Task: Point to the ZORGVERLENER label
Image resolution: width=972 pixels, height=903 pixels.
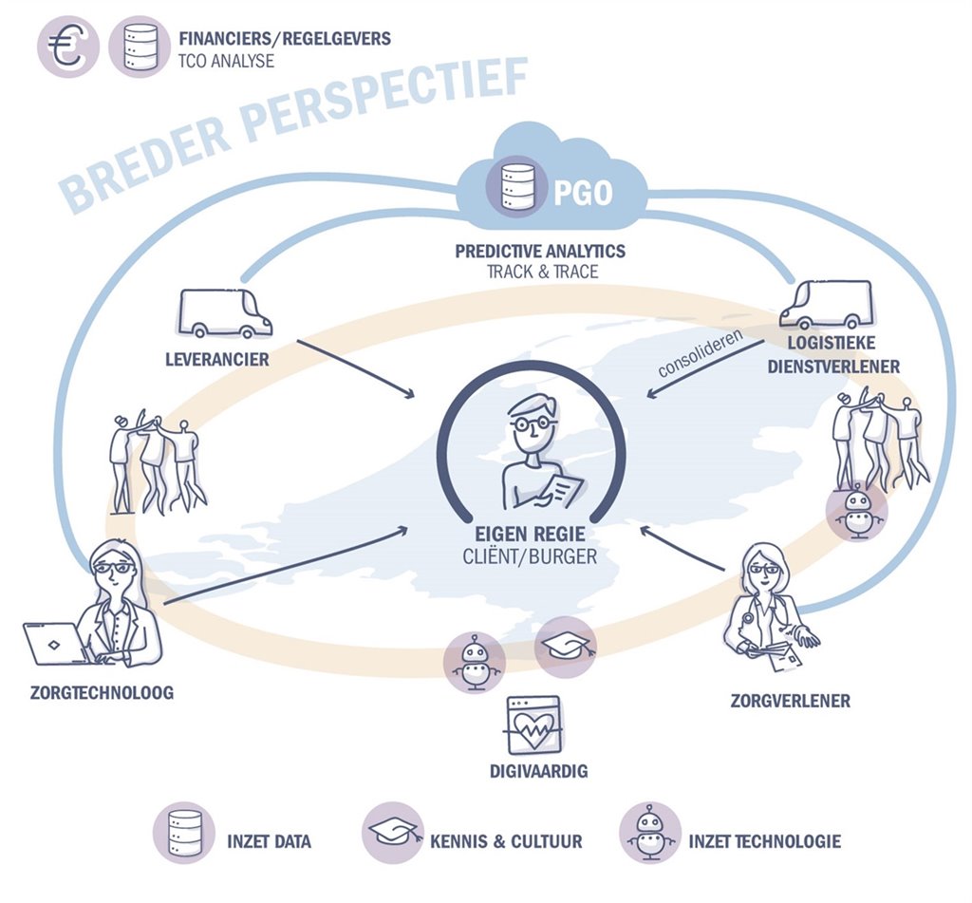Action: [x=790, y=702]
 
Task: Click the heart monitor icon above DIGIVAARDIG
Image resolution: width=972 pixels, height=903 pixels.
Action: [x=533, y=726]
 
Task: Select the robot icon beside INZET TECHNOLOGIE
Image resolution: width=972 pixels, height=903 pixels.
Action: [x=648, y=834]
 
